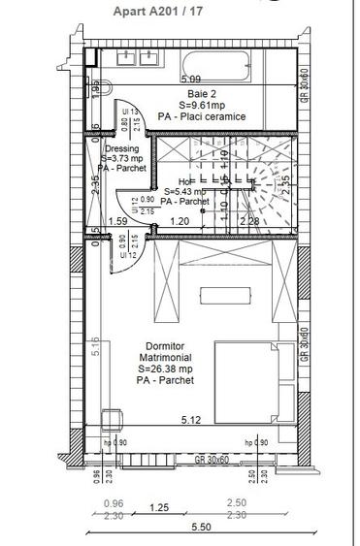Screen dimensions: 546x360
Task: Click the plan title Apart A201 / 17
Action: tap(131, 12)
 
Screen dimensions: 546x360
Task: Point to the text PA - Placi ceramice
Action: tap(203, 117)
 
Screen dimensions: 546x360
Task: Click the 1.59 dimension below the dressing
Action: tap(117, 221)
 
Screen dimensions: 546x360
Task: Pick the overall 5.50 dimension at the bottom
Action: tap(200, 526)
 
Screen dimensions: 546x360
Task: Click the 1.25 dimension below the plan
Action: tap(159, 507)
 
